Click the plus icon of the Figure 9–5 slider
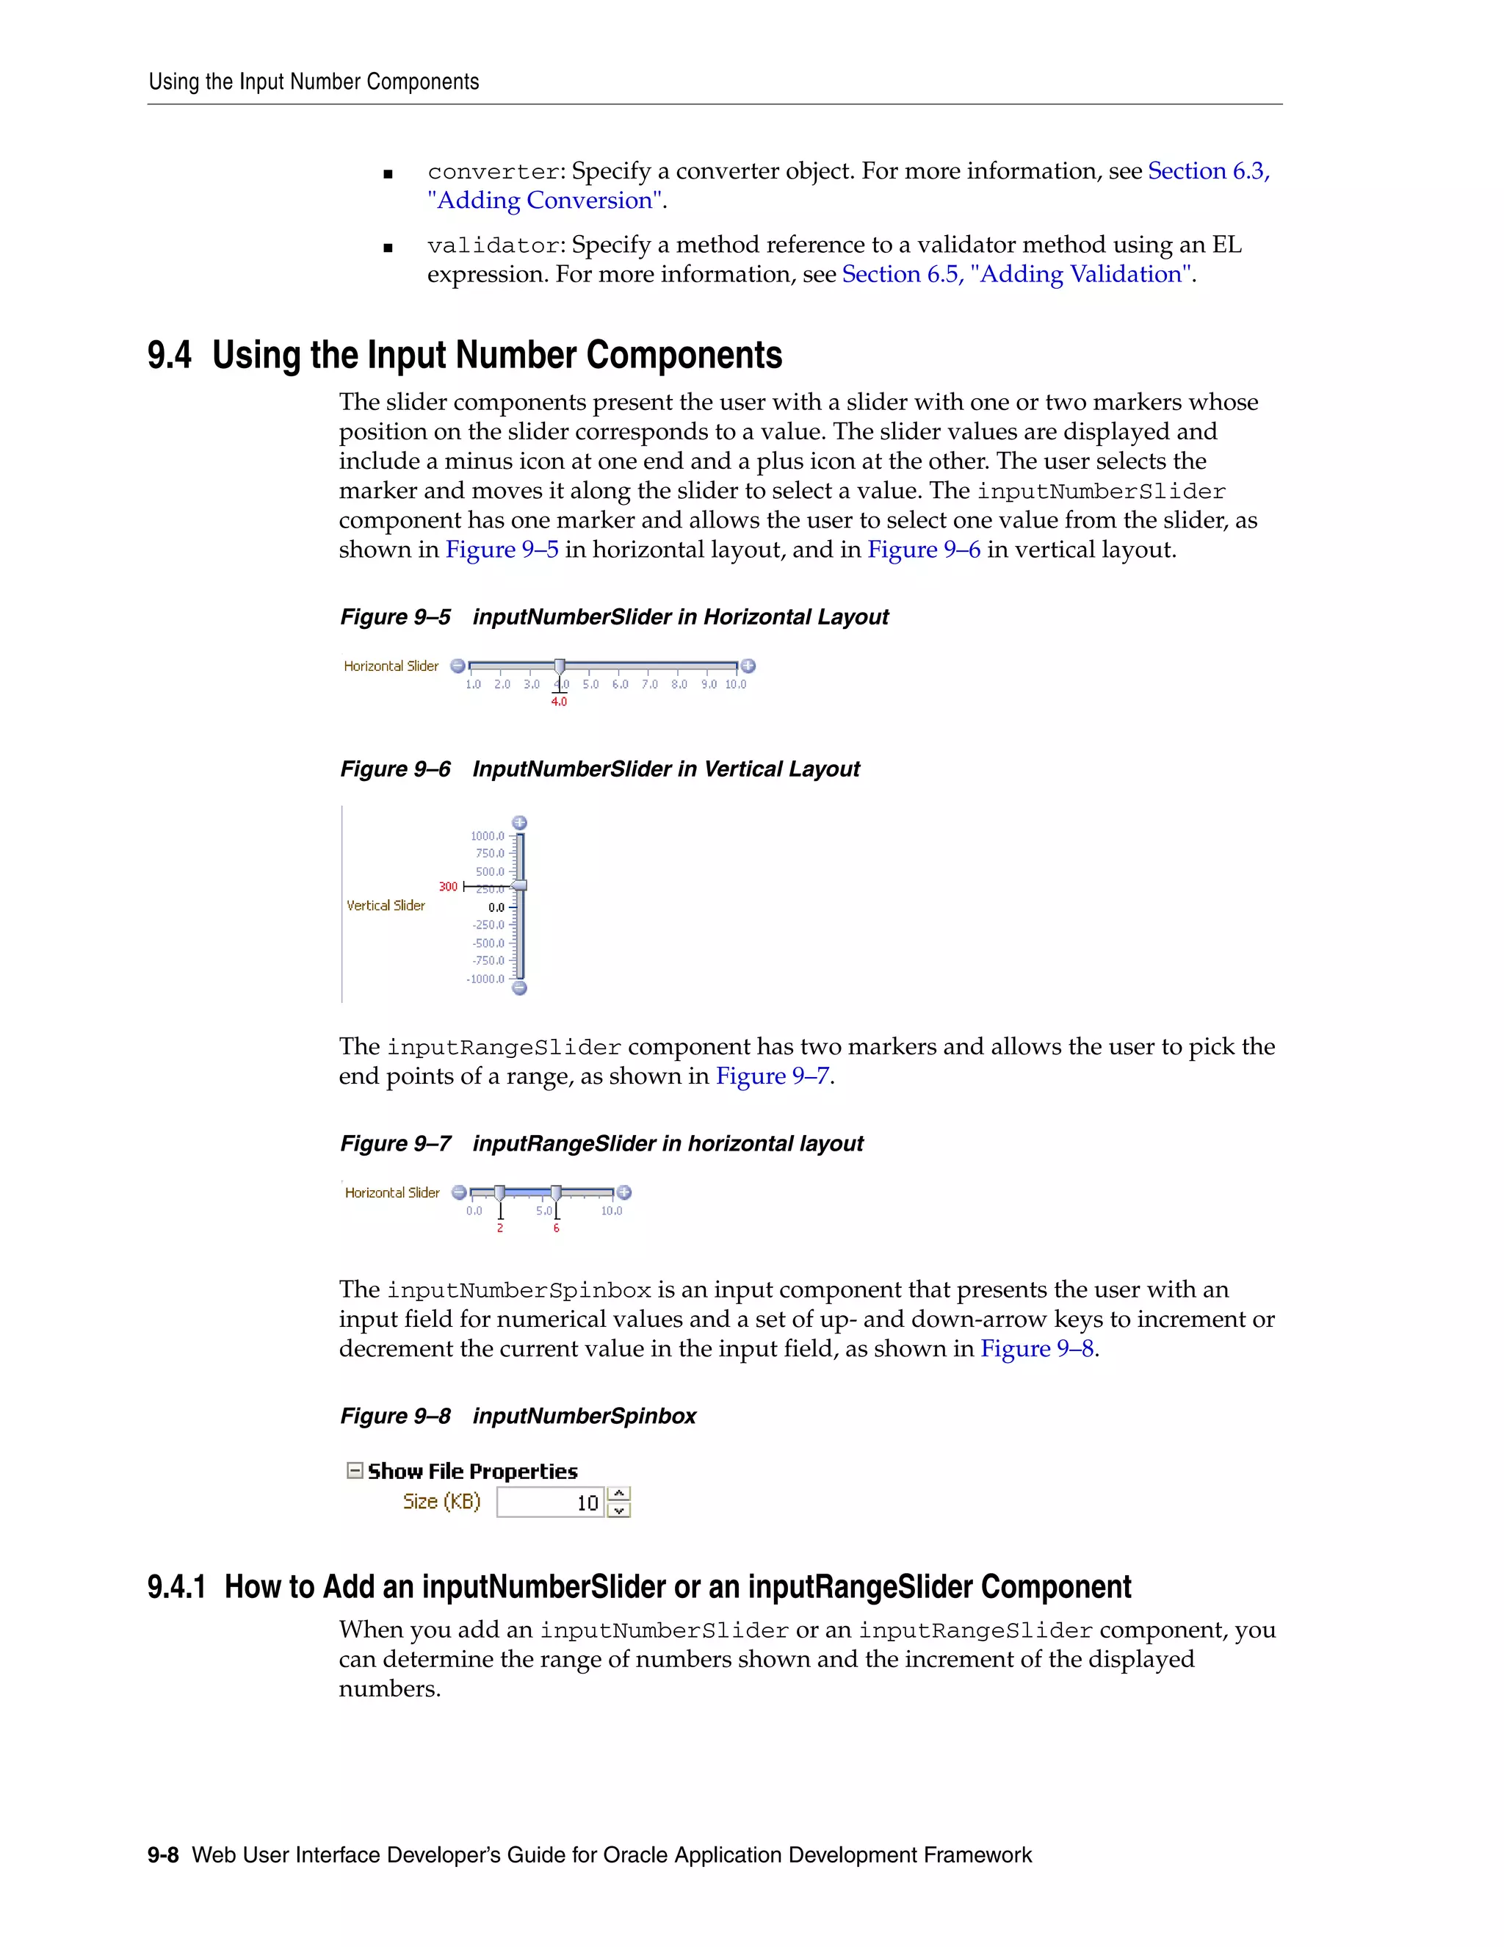(x=748, y=666)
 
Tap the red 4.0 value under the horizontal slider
(x=559, y=702)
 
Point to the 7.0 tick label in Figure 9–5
(x=649, y=685)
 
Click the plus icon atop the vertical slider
(x=519, y=822)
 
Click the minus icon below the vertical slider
(x=519, y=987)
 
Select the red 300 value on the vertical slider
(x=447, y=886)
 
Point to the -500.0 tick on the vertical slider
(x=488, y=943)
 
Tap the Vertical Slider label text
(x=386, y=906)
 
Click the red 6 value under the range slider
(x=556, y=1228)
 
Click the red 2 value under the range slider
(x=500, y=1228)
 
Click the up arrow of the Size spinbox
(x=619, y=1494)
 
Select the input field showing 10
(x=551, y=1503)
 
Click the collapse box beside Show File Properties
(x=355, y=1471)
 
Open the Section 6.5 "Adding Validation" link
(x=1016, y=275)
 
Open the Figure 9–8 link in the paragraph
(x=1037, y=1349)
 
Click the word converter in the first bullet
(x=493, y=172)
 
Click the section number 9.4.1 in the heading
(x=176, y=1588)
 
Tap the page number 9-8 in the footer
(x=163, y=1856)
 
